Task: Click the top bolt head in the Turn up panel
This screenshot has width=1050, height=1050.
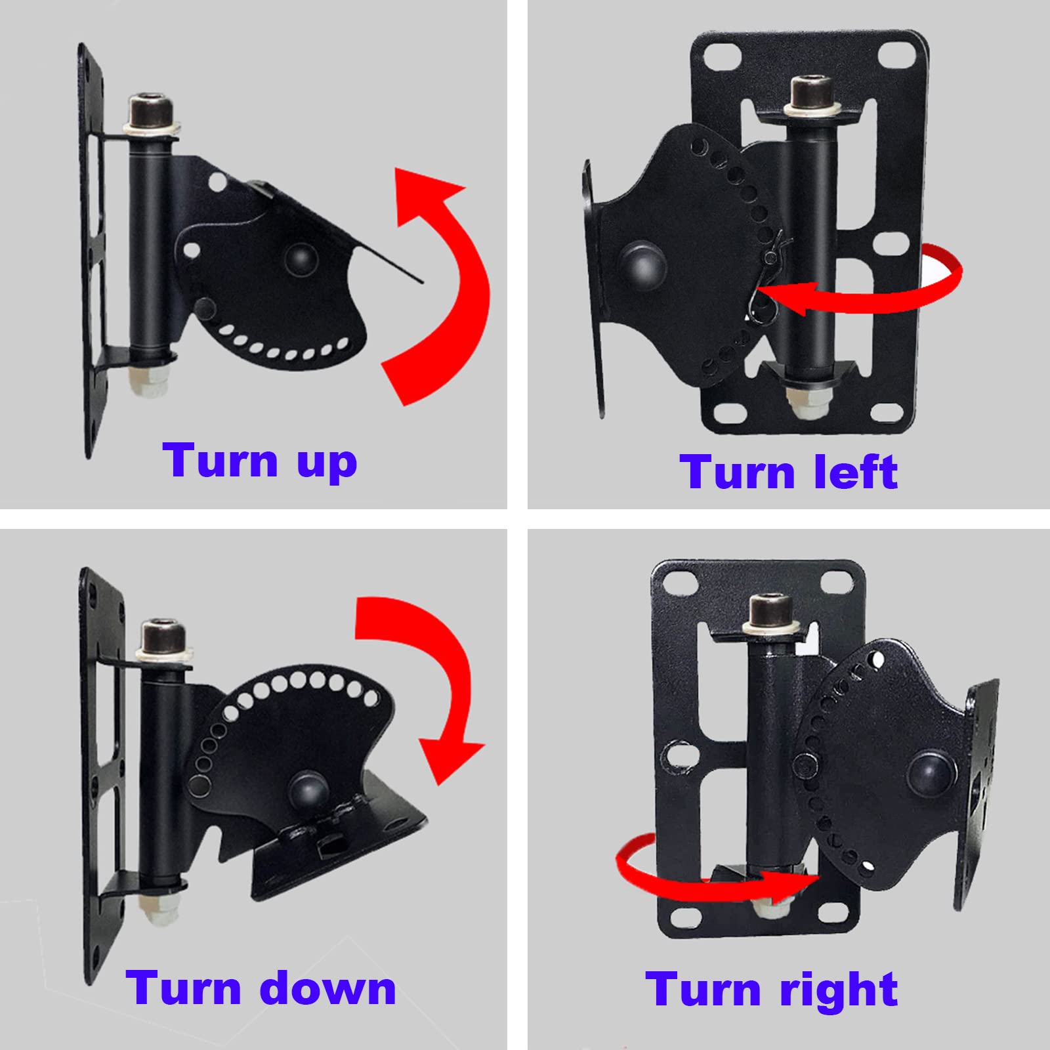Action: [x=152, y=108]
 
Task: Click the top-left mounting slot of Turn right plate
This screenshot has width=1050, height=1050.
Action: [x=678, y=580]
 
